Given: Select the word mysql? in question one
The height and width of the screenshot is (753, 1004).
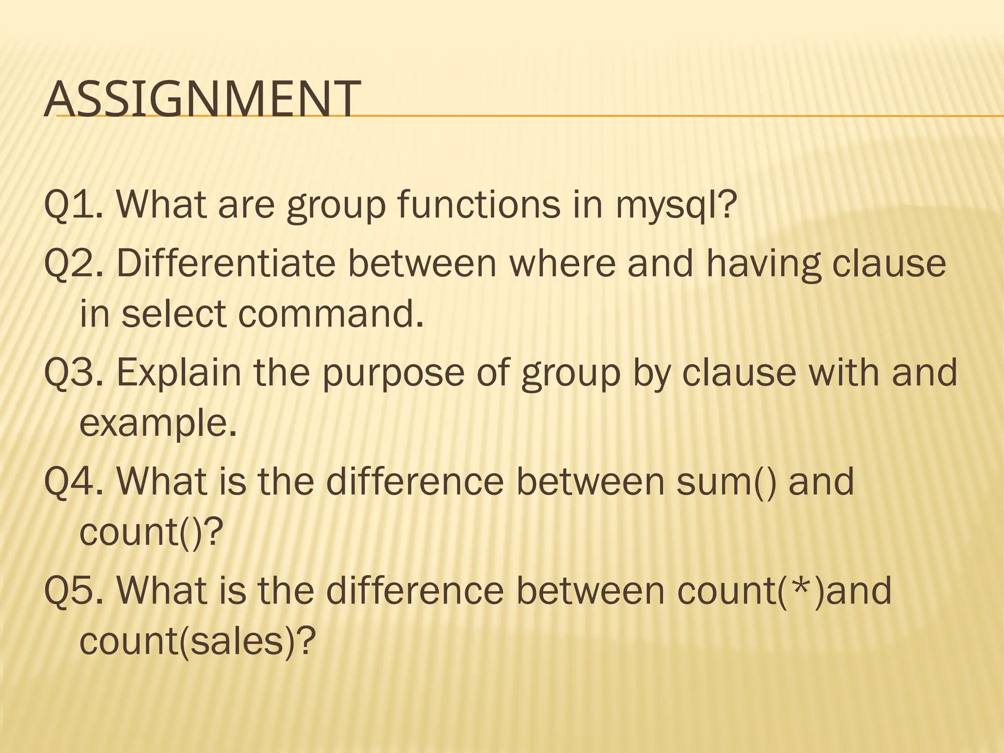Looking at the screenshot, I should (676, 206).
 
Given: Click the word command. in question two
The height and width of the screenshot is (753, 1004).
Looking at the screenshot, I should (331, 314).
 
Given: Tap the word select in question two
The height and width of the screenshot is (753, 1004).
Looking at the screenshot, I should (174, 314).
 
